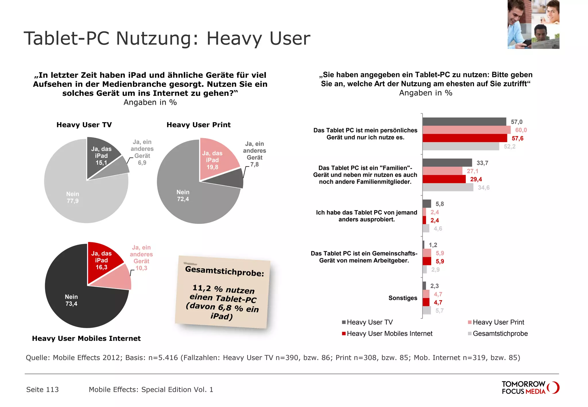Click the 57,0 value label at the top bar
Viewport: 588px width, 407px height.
pyautogui.click(x=517, y=122)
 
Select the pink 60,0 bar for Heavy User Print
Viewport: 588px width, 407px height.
pyautogui.click(x=466, y=130)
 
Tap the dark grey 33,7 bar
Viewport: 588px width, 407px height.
pyautogui.click(x=447, y=163)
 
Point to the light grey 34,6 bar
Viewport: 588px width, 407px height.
pyautogui.click(x=448, y=187)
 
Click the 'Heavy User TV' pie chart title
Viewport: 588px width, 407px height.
pyautogui.click(x=84, y=125)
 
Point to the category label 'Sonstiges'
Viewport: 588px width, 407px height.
pyautogui.click(x=403, y=298)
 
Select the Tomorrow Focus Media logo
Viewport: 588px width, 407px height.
pyautogui.click(x=530, y=387)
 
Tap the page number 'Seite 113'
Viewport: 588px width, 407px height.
pyautogui.click(x=42, y=389)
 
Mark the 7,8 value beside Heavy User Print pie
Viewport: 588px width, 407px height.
pyautogui.click(x=254, y=164)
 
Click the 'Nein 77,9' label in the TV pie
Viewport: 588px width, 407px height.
pyautogui.click(x=73, y=197)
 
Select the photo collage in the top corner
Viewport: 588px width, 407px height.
pyautogui.click(x=533, y=24)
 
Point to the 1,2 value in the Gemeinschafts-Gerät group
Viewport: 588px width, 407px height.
pyautogui.click(x=433, y=245)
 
